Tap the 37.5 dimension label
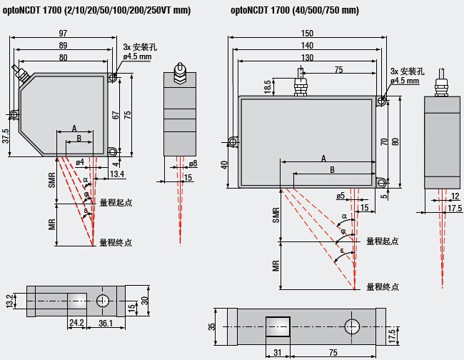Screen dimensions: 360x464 click(x=6, y=136)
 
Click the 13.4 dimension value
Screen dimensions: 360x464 click(x=118, y=174)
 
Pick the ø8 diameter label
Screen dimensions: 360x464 click(x=193, y=164)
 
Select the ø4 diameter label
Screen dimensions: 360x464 click(x=79, y=162)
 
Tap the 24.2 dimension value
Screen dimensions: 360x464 click(x=77, y=323)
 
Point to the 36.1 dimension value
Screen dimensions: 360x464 click(x=106, y=323)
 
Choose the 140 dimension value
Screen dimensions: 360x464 click(x=308, y=46)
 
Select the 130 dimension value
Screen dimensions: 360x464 click(x=308, y=57)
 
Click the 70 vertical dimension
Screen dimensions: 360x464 click(x=384, y=141)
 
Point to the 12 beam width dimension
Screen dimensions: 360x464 click(x=454, y=195)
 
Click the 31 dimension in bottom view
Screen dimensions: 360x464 click(x=277, y=352)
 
